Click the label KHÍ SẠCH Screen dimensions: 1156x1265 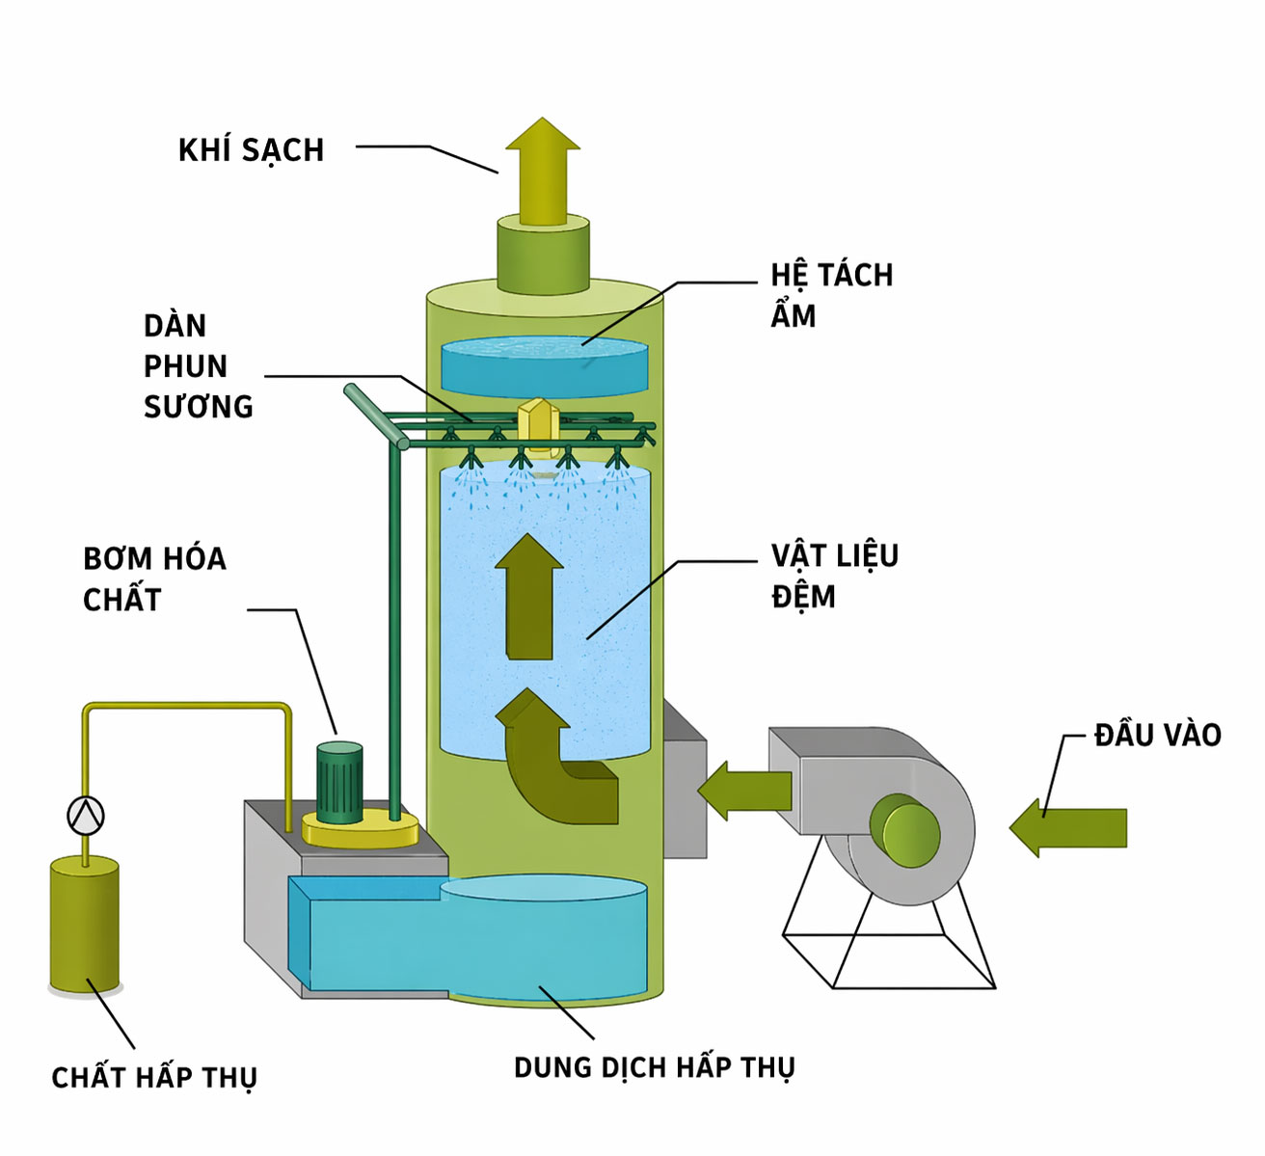[x=251, y=150]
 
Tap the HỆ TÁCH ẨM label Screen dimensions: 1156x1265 [x=831, y=295]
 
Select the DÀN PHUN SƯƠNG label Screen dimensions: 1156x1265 [x=198, y=366]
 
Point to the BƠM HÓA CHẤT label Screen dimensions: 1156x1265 [x=154, y=578]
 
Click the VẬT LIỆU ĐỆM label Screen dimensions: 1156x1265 [x=834, y=576]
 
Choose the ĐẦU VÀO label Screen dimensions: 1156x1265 [x=1157, y=736]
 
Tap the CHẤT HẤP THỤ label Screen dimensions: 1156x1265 [x=154, y=1077]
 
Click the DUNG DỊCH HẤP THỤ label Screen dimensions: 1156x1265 [x=654, y=1068]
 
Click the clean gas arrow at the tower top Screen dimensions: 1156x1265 [x=543, y=169]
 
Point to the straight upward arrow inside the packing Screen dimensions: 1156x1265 [x=529, y=598]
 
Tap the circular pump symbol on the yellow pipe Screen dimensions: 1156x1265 [x=86, y=816]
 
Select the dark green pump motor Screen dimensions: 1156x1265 [x=339, y=781]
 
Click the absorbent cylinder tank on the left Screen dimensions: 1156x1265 [x=85, y=926]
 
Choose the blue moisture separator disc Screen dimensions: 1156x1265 [x=544, y=364]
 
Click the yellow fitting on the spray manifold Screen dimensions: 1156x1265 [x=537, y=424]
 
